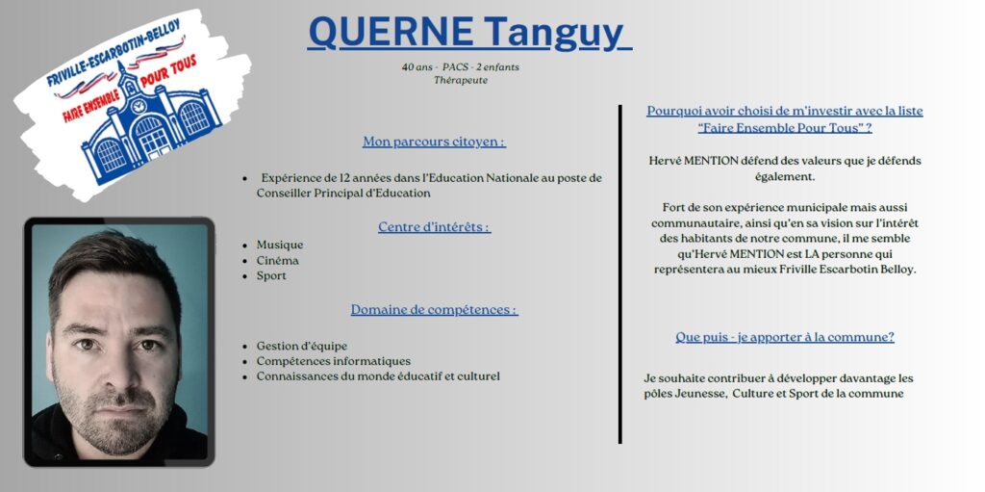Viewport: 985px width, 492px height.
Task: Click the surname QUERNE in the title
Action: (x=391, y=32)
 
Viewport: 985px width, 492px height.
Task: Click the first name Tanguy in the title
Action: (x=554, y=34)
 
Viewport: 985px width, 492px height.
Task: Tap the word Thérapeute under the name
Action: (x=461, y=80)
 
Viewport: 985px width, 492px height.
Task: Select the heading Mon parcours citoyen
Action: (x=434, y=142)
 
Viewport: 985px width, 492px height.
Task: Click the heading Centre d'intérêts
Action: (x=434, y=226)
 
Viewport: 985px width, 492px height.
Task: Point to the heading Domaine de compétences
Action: (x=434, y=309)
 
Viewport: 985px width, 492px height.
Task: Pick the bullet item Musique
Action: (x=280, y=245)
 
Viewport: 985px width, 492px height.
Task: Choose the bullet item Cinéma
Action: (x=278, y=261)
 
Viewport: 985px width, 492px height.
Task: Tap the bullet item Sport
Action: (x=271, y=276)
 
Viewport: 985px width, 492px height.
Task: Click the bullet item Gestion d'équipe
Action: (x=301, y=346)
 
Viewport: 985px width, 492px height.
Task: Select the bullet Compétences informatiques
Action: (x=334, y=362)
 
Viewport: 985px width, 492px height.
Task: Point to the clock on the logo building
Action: (x=138, y=106)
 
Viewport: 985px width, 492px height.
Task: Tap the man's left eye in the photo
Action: (x=149, y=345)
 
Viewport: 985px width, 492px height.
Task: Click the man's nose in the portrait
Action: (x=119, y=372)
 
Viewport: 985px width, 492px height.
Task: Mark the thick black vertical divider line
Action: (x=620, y=274)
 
